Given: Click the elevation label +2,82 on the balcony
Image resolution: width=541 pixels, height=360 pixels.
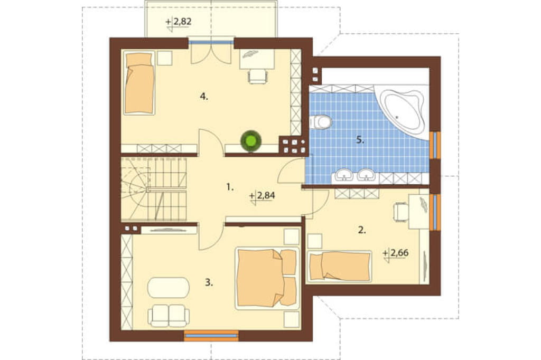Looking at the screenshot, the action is [x=179, y=22].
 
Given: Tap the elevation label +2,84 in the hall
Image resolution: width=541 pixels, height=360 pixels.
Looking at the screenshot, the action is [x=262, y=196].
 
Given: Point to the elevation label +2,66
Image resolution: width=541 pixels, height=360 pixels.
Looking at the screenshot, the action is [x=396, y=253].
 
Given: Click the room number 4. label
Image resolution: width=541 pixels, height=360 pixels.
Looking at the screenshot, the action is [x=204, y=97].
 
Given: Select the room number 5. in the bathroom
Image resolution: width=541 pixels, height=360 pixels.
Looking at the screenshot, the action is [x=360, y=140].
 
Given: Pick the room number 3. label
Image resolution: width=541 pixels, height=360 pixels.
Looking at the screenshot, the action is [x=209, y=283].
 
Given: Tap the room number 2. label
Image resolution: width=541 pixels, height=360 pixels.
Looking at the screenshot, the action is [x=361, y=230].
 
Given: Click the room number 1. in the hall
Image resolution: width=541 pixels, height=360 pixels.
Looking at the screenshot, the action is [x=230, y=187].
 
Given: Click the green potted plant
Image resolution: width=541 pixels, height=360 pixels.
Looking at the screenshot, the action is [x=251, y=140].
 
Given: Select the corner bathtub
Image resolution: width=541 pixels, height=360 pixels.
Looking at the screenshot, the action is [x=402, y=111].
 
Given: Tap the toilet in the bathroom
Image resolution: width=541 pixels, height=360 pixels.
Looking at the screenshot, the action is [x=321, y=122].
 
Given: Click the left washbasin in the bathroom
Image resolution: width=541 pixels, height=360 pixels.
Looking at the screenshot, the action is [x=343, y=175].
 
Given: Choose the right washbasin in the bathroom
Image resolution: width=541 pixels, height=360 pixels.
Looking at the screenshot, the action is [x=366, y=175].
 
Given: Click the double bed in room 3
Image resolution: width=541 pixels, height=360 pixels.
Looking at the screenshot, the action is [x=267, y=278].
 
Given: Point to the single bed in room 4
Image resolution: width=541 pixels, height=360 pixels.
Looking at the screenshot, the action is [x=139, y=83].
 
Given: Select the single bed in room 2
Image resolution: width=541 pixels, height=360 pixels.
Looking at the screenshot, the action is [x=340, y=267].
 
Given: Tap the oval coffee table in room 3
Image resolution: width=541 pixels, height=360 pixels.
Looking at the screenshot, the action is [x=169, y=287].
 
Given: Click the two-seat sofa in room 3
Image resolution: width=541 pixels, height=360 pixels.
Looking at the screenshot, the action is [x=169, y=315].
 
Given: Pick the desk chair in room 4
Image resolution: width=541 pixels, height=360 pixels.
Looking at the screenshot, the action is [x=257, y=76].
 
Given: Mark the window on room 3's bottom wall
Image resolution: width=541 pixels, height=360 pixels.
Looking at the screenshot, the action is [x=211, y=336].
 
